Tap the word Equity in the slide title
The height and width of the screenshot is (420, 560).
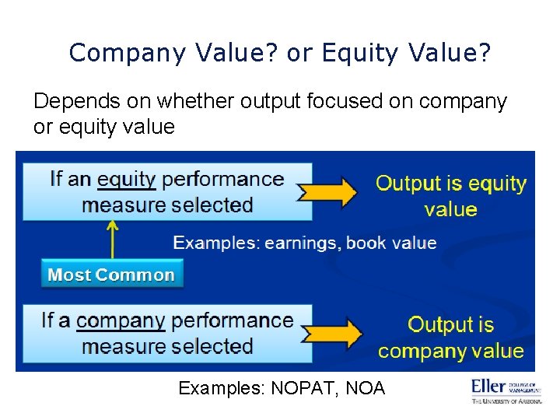point(362,53)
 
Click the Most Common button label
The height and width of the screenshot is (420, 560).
point(111,275)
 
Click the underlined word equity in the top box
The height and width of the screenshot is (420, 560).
point(127,179)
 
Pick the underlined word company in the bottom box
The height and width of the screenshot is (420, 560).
point(121,320)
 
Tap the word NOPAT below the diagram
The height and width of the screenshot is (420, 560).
point(300,388)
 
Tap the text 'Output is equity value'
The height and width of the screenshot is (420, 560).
point(451,196)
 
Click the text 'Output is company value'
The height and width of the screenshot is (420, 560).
point(451,338)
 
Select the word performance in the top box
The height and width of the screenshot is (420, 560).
point(223,179)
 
